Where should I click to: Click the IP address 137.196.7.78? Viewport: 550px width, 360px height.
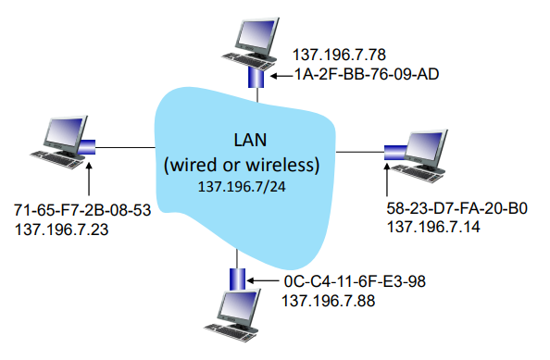[x=339, y=55]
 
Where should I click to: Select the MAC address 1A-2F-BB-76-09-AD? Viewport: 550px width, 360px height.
[x=366, y=74]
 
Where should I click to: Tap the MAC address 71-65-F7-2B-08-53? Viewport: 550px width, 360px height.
[x=82, y=210]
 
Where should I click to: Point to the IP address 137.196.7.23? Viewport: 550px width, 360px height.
[x=61, y=230]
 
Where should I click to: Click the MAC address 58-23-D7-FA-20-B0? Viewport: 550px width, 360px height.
[x=457, y=208]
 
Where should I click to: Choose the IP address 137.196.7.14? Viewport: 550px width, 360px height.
[x=433, y=227]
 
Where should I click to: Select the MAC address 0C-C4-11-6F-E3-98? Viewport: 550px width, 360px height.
[x=355, y=281]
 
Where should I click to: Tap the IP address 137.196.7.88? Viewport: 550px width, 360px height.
[x=329, y=301]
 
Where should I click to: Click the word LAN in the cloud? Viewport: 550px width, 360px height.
[x=250, y=140]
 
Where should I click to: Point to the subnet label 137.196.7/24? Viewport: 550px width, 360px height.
[x=242, y=187]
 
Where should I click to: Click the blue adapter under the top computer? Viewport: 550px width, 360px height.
[x=256, y=78]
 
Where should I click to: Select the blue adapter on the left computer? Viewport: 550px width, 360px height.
[x=87, y=146]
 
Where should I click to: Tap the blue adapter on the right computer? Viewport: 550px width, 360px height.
[x=395, y=153]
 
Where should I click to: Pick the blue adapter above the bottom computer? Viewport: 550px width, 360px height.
[x=237, y=279]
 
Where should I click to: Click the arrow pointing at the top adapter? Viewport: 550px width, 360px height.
[x=282, y=76]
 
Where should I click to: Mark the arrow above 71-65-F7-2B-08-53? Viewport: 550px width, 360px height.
[x=89, y=179]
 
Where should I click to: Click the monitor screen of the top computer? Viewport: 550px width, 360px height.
[x=257, y=34]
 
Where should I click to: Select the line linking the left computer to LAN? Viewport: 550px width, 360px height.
[x=125, y=147]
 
